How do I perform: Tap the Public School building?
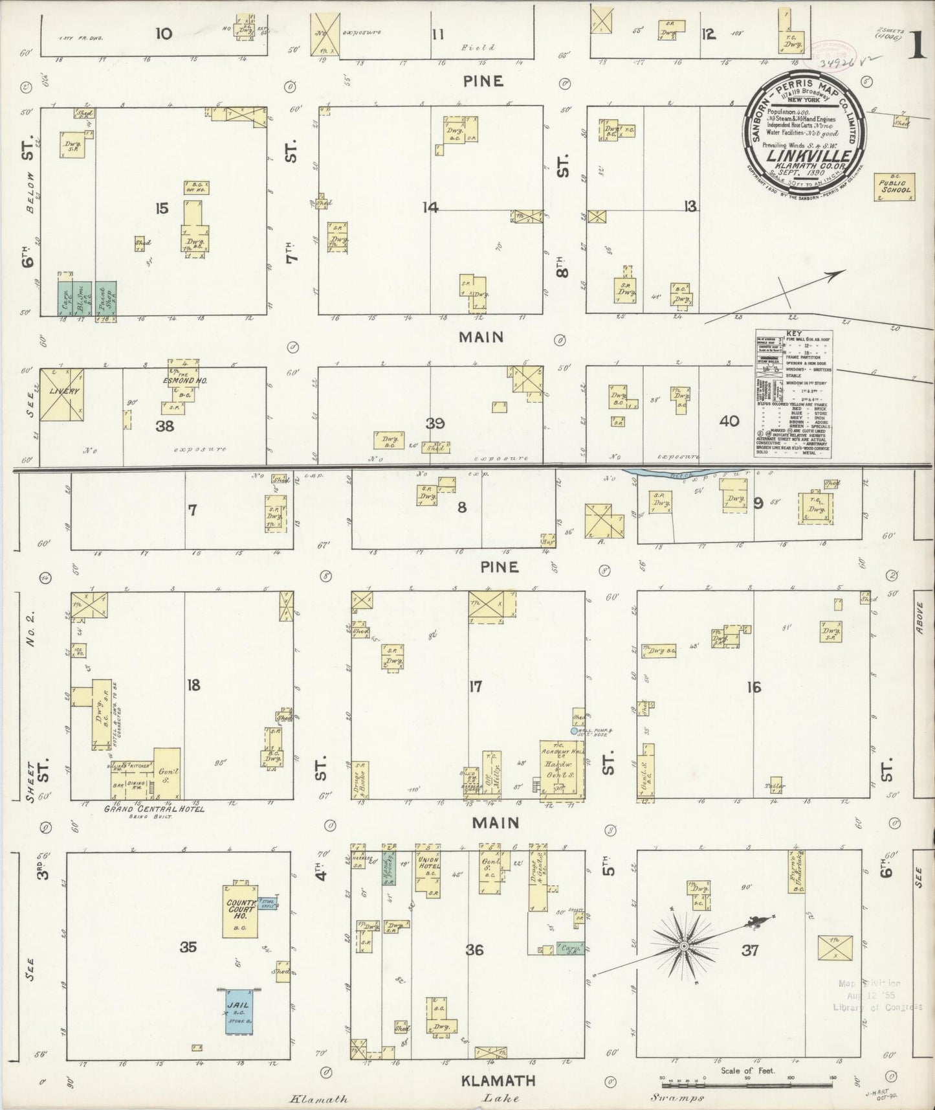tap(894, 187)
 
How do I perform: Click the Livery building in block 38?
tap(61, 394)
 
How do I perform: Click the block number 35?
tap(188, 947)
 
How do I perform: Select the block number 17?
tap(475, 686)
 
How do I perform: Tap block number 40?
tap(729, 421)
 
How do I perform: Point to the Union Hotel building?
tap(428, 871)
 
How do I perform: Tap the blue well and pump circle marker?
tap(574, 731)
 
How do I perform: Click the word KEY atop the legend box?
tap(793, 333)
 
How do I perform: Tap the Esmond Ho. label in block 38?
tap(185, 380)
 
